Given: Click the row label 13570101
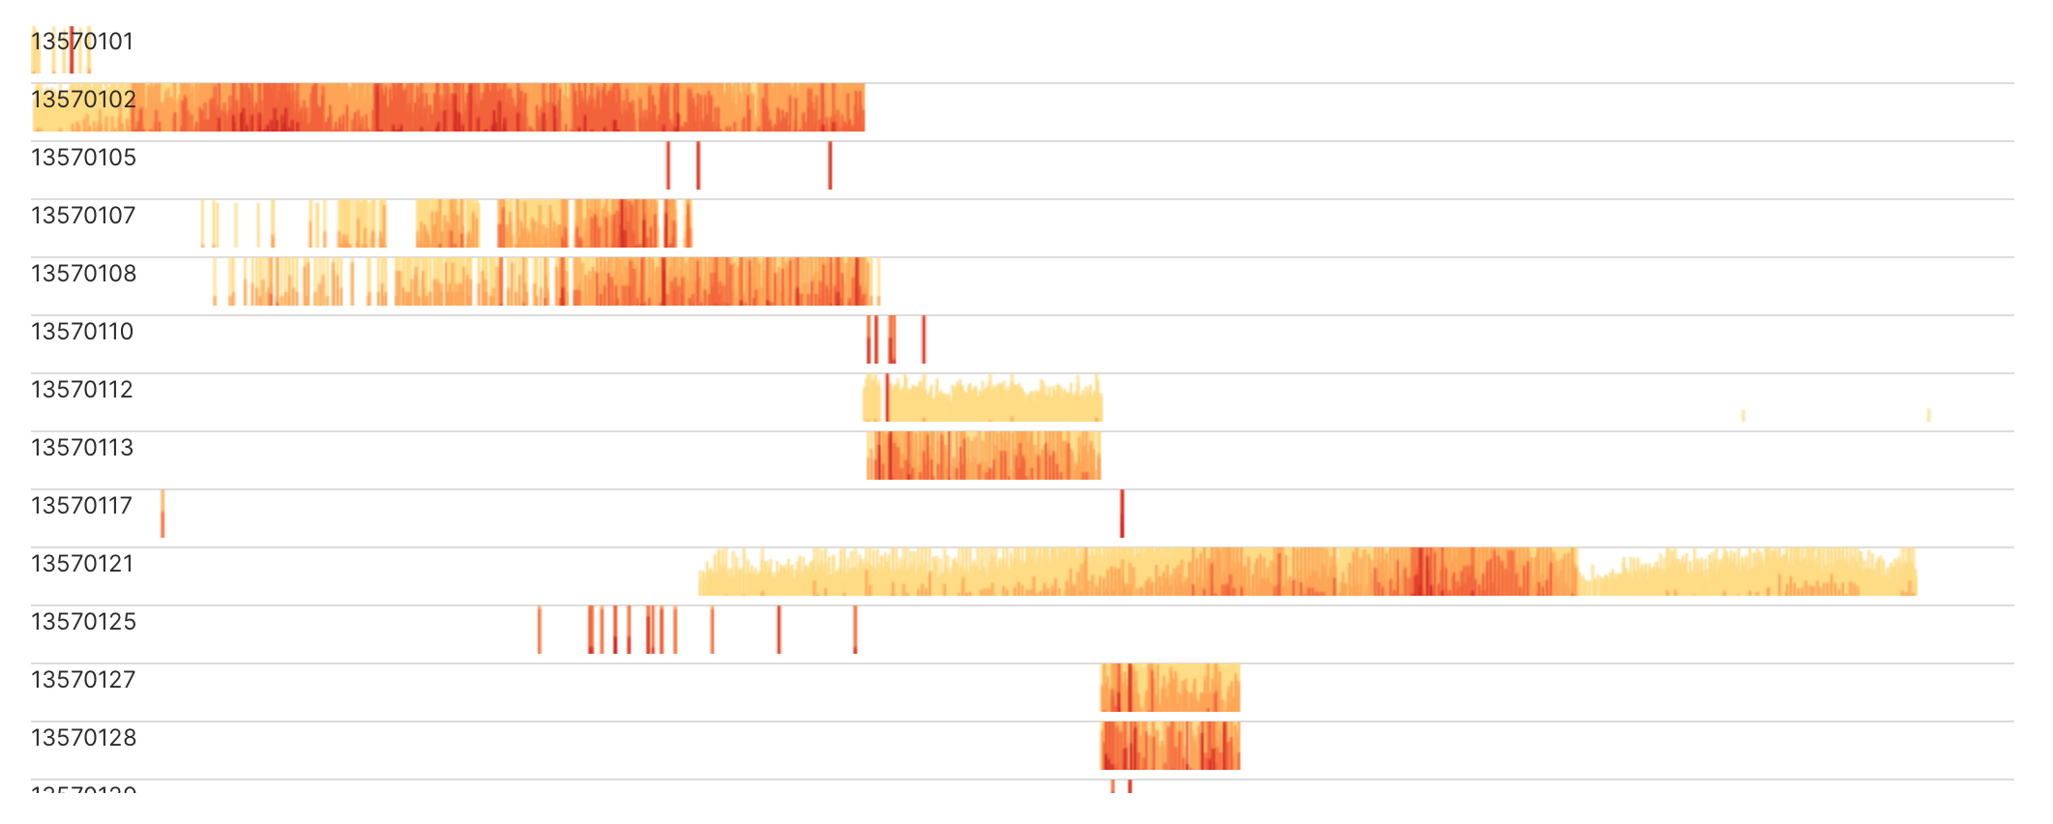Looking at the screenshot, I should (x=82, y=42).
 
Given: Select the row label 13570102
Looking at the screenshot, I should (x=83, y=100).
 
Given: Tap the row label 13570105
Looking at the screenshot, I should (x=83, y=158).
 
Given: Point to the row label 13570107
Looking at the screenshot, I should (x=83, y=216).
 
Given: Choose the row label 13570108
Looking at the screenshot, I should (x=83, y=274).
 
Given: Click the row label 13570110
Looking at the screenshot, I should (x=82, y=332).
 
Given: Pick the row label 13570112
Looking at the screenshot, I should (x=82, y=390).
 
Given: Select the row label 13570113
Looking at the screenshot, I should (x=82, y=448).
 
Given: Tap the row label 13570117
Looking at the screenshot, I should (x=81, y=506).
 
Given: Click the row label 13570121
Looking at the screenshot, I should (x=82, y=564).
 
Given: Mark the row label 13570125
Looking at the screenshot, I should (x=83, y=622).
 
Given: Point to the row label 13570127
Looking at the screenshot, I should (x=83, y=680).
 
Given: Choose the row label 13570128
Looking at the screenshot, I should (x=83, y=738).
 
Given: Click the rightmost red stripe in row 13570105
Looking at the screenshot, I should (x=830, y=165).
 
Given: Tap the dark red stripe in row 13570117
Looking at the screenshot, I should (x=1122, y=514).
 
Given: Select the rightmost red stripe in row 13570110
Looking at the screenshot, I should (x=924, y=339).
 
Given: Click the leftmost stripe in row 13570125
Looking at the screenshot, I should (x=540, y=630).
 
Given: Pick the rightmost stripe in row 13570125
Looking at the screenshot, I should (x=855, y=630).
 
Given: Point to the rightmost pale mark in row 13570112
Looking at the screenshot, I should (x=1928, y=415).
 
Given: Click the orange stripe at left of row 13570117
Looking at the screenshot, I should (x=163, y=514).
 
